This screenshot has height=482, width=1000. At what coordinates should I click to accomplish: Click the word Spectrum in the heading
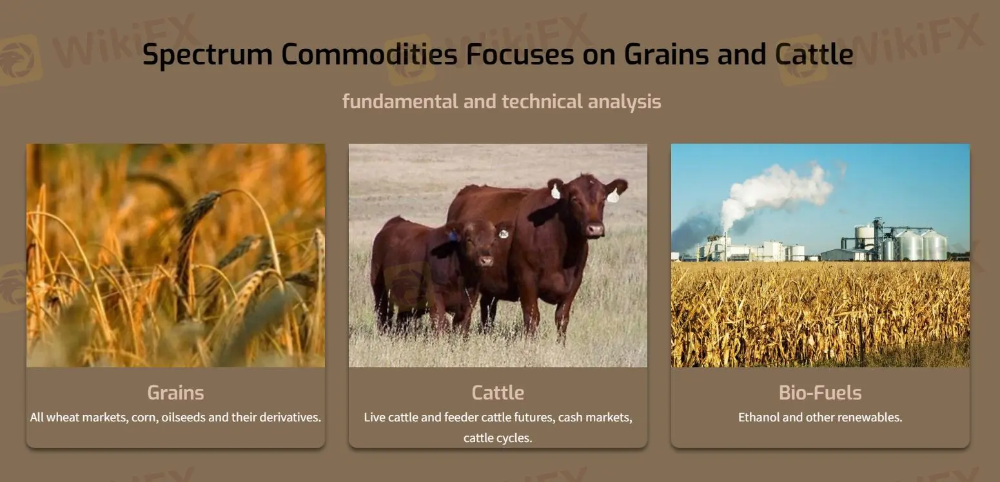(x=208, y=55)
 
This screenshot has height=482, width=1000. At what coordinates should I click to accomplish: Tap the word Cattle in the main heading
(x=814, y=54)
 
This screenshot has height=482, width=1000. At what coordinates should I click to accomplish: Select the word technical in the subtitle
(x=542, y=101)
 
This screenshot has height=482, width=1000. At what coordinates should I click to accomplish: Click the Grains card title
(x=175, y=392)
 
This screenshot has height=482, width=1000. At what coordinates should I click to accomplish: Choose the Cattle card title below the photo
(x=498, y=392)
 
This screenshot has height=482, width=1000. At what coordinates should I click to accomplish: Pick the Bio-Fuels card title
(x=820, y=392)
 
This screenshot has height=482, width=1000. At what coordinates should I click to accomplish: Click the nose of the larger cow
(x=594, y=229)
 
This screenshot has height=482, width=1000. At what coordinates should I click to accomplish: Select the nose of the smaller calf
(x=485, y=260)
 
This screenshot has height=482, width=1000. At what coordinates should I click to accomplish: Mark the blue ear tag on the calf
(x=453, y=236)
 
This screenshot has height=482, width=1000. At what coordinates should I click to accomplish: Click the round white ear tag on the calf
(x=504, y=233)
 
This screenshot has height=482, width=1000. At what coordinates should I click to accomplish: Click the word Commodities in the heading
(x=369, y=54)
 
